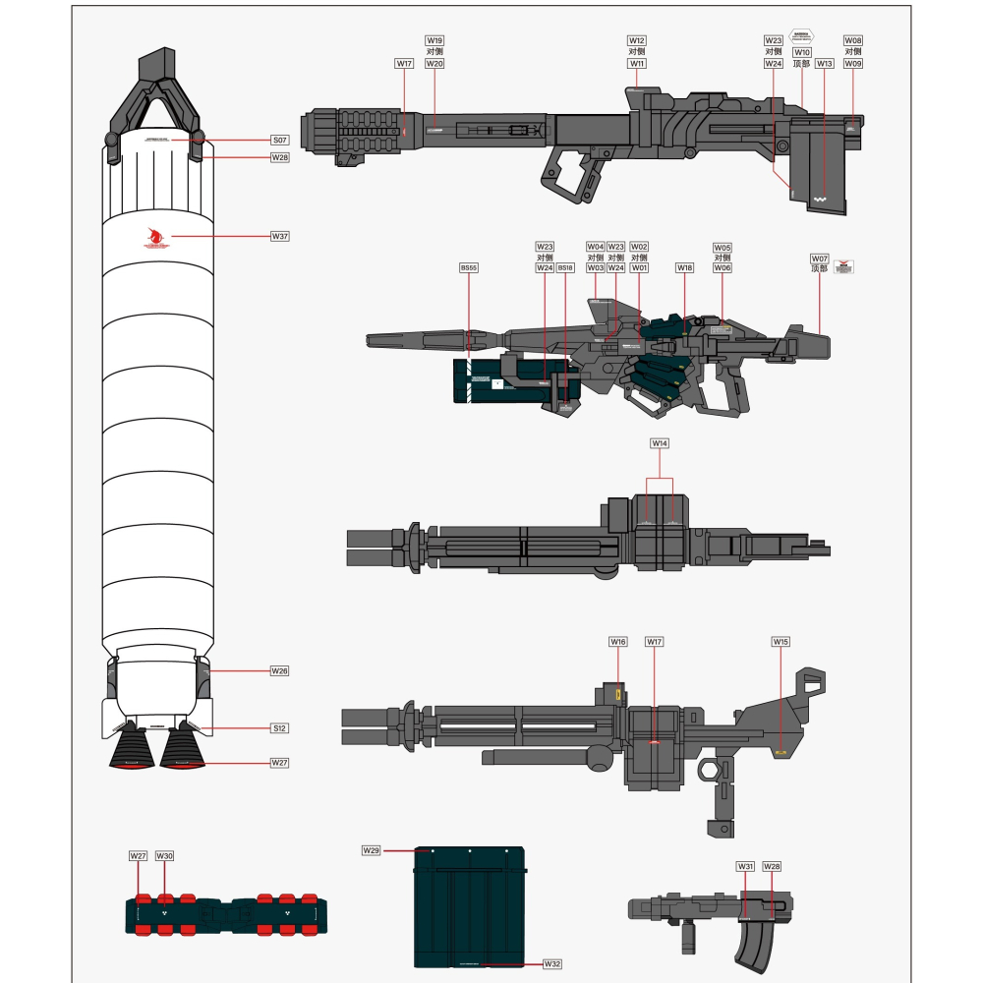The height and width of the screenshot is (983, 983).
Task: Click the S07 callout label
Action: [x=280, y=140]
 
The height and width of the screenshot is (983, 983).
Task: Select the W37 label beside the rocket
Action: [x=280, y=236]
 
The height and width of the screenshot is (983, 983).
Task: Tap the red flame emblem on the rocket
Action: [x=155, y=237]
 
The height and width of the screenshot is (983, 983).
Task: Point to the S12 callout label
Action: [x=280, y=728]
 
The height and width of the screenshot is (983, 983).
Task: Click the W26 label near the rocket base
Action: [x=280, y=670]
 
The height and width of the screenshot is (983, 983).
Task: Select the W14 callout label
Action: [x=660, y=444]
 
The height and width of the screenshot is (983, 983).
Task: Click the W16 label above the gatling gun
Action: [x=617, y=642]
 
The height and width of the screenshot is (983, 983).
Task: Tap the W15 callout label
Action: [x=781, y=642]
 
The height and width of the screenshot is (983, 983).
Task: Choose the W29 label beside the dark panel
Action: [x=372, y=849]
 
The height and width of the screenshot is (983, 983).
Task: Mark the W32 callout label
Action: [x=552, y=964]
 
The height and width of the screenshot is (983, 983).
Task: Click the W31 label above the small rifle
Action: [x=745, y=866]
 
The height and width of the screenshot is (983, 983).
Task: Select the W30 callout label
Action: [x=164, y=856]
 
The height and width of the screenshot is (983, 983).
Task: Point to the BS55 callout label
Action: [x=469, y=267]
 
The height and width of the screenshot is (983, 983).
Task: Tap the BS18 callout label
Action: [x=565, y=267]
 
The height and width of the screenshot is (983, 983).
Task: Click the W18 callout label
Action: [x=685, y=267]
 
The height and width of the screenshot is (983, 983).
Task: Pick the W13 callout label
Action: [x=825, y=63]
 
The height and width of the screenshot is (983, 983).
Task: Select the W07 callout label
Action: [x=820, y=259]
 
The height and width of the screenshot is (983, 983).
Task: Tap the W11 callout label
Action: [x=637, y=63]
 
